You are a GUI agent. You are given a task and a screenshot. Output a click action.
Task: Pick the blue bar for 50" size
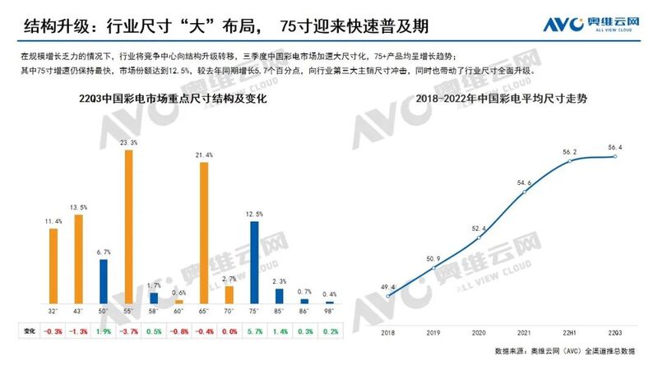click(104, 282)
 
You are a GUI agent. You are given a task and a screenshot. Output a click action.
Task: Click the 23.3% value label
click(129, 143)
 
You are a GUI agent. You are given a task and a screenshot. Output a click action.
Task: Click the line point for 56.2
click(571, 161)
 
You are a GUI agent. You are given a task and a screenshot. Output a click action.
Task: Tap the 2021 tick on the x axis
click(523, 334)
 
